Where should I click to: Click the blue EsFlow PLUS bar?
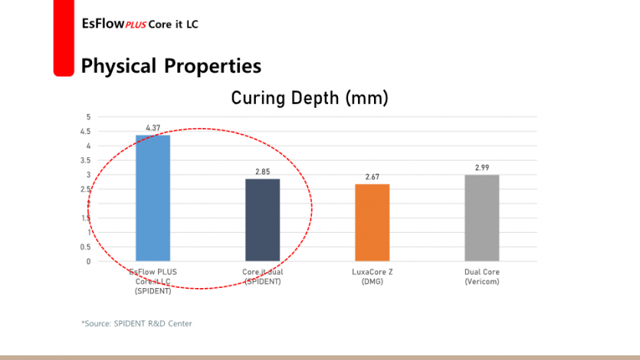click(153, 198)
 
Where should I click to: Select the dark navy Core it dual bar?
click(262, 220)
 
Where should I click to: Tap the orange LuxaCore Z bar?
click(372, 222)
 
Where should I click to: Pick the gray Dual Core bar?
click(481, 218)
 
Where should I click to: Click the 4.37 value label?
click(153, 128)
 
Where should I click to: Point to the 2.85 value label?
click(262, 172)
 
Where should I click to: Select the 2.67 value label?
click(372, 177)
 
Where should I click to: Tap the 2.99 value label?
click(481, 167)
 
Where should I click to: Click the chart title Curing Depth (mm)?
click(310, 98)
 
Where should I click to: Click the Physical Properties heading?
click(171, 66)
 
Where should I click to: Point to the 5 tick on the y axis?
click(88, 117)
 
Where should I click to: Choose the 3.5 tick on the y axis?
click(87, 161)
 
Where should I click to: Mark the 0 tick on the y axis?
click(88, 261)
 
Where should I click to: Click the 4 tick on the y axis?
click(88, 146)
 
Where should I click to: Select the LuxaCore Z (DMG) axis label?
click(372, 277)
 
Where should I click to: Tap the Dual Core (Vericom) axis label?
click(481, 277)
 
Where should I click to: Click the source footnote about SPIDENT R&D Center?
click(136, 323)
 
